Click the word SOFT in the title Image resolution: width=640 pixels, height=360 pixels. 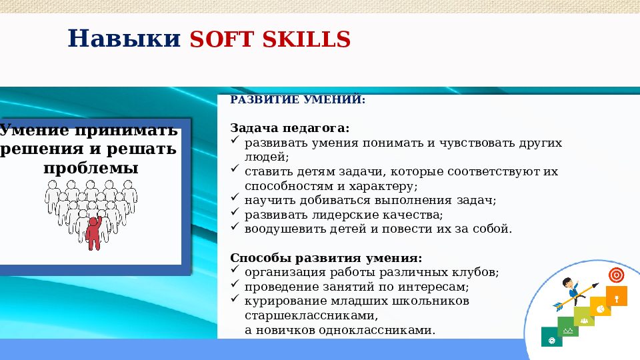223,39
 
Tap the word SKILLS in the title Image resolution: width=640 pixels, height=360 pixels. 306,39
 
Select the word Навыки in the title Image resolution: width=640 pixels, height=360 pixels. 124,39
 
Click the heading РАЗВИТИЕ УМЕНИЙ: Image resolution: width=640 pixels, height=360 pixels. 297,99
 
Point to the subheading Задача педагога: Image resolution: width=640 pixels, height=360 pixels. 290,128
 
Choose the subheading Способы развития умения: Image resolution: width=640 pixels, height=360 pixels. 326,258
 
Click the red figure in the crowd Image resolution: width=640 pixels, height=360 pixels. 94,233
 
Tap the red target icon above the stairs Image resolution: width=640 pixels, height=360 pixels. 616,275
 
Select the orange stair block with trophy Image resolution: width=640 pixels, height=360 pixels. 616,295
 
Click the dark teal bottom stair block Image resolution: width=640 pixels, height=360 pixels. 551,337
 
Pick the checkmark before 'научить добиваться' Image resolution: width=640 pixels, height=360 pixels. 234,197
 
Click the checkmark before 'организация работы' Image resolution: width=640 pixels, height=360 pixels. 234,269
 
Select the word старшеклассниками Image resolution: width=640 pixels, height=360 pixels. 311,315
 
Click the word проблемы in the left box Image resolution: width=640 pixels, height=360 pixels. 91,168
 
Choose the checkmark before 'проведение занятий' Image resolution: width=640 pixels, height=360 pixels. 234,283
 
